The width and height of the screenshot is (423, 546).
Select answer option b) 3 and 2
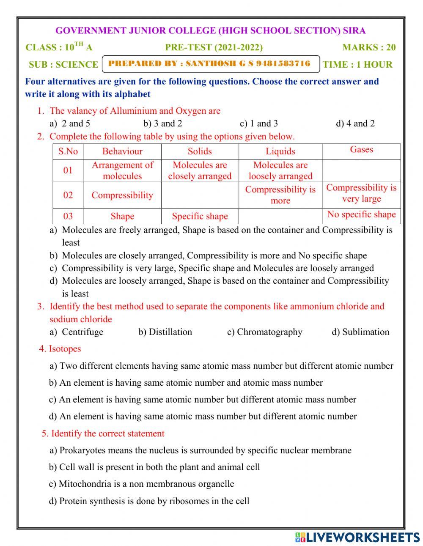click(x=162, y=123)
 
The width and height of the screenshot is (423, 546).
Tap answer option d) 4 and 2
click(x=355, y=123)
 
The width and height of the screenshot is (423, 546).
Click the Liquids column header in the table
click(x=280, y=151)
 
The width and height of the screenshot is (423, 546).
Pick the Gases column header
click(x=361, y=149)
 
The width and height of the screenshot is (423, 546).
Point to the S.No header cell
click(x=68, y=151)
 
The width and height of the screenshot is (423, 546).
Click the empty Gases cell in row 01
click(x=361, y=170)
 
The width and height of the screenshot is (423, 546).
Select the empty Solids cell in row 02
click(x=200, y=195)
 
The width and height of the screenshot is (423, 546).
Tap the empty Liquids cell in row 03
click(x=280, y=216)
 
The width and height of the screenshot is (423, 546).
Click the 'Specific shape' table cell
click(x=200, y=216)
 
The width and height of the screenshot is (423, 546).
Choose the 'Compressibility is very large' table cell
click(x=361, y=193)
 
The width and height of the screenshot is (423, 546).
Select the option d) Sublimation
click(x=360, y=332)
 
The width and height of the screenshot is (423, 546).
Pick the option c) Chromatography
click(x=265, y=332)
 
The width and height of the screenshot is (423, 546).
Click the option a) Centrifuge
click(x=77, y=332)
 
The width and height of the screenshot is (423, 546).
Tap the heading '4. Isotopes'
click(x=60, y=349)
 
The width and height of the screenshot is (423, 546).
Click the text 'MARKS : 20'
click(x=369, y=47)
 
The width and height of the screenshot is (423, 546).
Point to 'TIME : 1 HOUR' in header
click(x=357, y=65)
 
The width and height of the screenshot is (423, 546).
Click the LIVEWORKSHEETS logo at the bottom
click(x=357, y=537)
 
